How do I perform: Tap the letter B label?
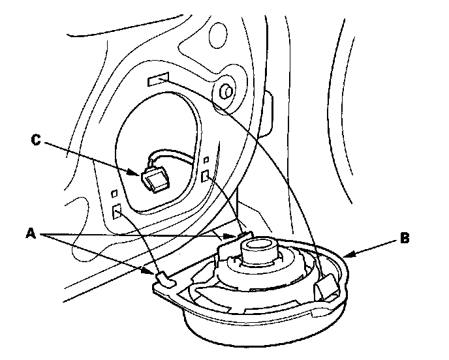[405, 239]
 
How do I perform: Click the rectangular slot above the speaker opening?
[158, 81]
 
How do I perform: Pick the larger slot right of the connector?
[207, 177]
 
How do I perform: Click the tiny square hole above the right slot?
[207, 160]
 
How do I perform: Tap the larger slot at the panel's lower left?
[118, 211]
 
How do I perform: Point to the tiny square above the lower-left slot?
[115, 194]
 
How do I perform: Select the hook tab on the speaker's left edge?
[163, 280]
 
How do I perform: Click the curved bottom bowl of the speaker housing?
[261, 333]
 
